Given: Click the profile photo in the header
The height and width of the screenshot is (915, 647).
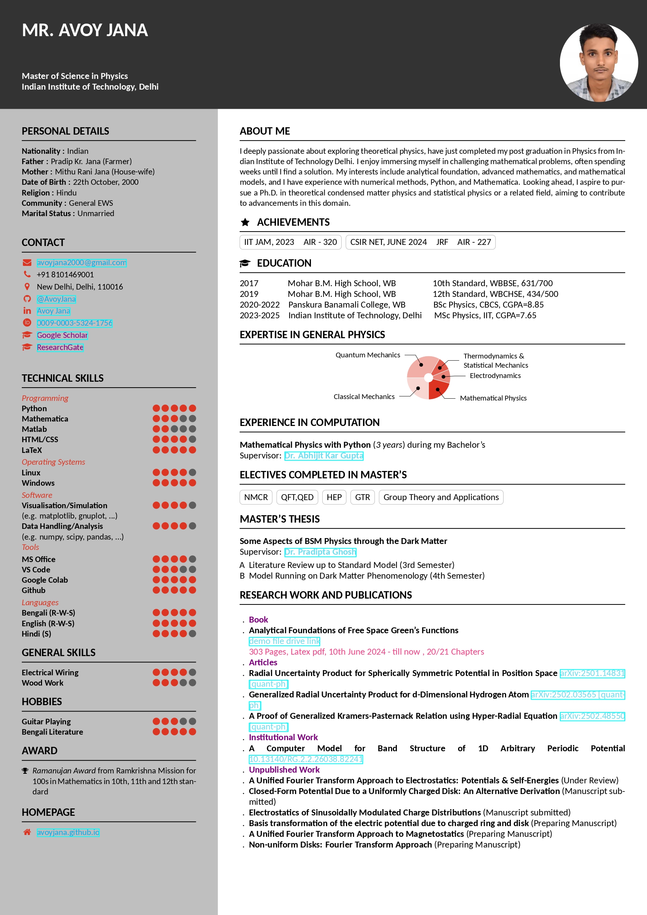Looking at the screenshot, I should [x=598, y=63].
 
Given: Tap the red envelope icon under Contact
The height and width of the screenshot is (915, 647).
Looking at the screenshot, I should [x=27, y=263].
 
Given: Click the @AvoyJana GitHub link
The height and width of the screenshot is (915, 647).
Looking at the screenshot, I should [x=56, y=299].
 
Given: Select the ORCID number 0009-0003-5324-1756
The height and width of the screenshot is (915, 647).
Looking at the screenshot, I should [x=75, y=323].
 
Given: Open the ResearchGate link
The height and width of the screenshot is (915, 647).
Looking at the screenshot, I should [x=60, y=347].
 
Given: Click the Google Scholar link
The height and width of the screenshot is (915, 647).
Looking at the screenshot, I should [x=62, y=335].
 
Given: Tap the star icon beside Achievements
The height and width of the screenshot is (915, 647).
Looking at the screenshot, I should [x=245, y=222].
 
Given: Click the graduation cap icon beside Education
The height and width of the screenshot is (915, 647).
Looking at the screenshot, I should [x=245, y=263].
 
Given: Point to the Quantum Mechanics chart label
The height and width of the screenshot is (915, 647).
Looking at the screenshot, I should [x=367, y=355].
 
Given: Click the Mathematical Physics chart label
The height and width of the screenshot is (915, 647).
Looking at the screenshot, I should [x=493, y=398].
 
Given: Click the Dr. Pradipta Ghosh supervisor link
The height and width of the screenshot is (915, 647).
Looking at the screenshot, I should [x=320, y=552].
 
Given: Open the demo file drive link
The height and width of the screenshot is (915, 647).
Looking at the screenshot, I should [x=284, y=641].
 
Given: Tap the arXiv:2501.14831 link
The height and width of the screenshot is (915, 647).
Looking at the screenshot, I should [x=592, y=673].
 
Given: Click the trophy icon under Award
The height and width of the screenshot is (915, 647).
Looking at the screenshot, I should [x=25, y=771].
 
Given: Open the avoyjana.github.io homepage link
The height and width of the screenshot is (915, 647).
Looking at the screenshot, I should [x=68, y=832].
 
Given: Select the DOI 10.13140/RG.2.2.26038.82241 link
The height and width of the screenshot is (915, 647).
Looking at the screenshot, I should [x=306, y=759].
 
